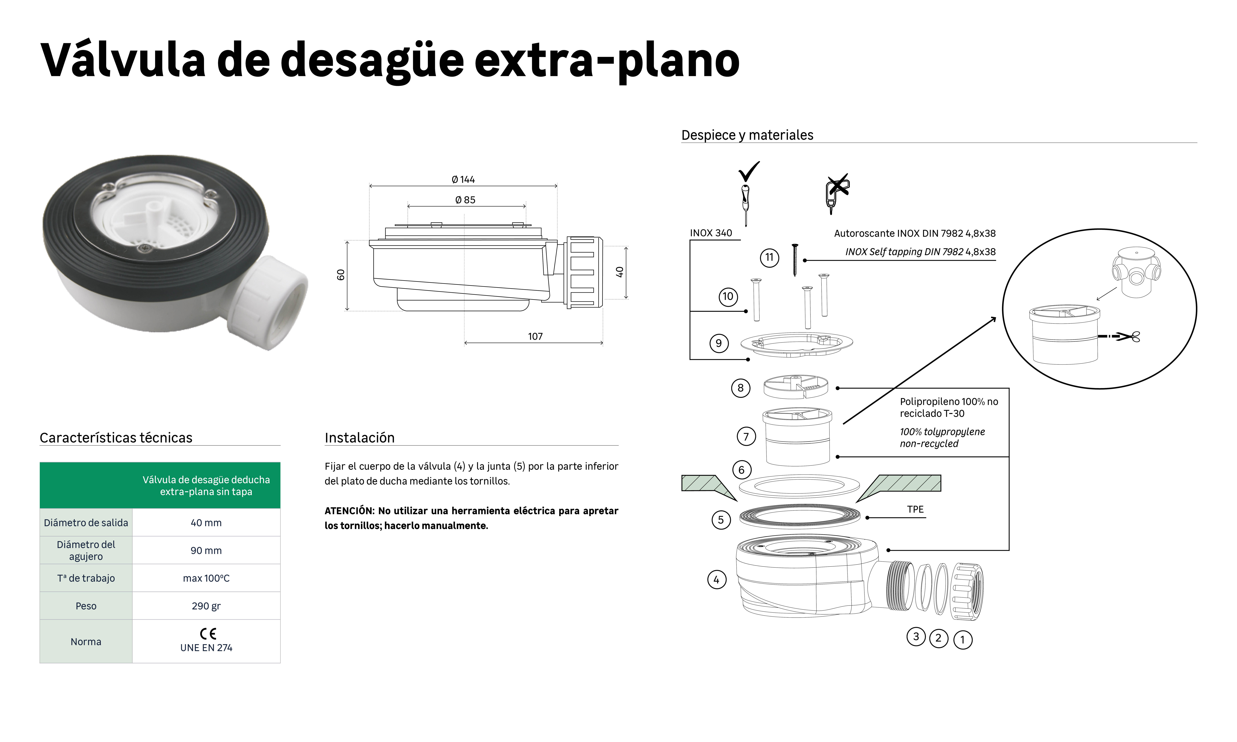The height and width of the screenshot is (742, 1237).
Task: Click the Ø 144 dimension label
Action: point(463,179)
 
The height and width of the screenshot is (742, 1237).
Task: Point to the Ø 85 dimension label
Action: point(465,200)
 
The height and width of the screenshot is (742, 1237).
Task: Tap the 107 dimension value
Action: point(535,336)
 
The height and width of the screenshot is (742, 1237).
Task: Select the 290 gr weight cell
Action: point(206,606)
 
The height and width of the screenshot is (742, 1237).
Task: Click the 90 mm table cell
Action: point(206,550)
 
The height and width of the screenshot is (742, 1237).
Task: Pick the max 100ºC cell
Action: point(206,579)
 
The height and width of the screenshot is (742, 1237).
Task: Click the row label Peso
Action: point(86,606)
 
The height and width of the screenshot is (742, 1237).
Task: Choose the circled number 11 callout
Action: point(770,257)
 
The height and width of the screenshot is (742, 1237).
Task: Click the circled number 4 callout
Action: point(716,580)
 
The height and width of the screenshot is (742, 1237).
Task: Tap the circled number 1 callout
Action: point(963,639)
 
